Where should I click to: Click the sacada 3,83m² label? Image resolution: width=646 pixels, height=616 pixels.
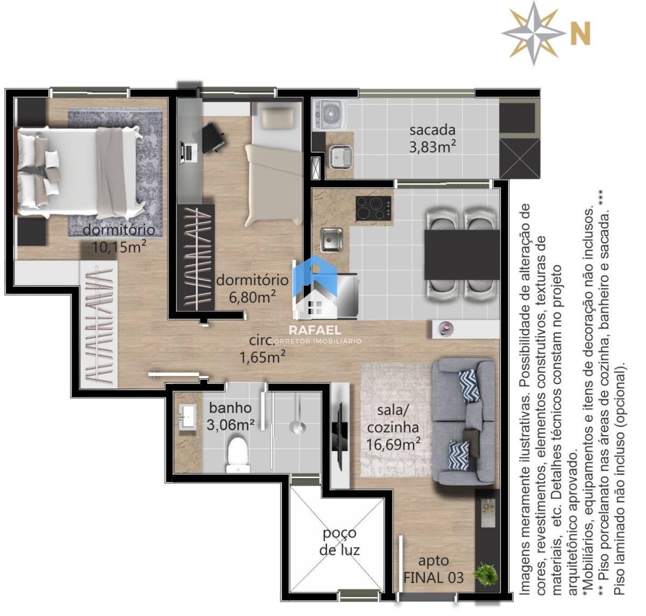coord(432,139)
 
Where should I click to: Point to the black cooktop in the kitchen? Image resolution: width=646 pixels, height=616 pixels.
coord(373,208)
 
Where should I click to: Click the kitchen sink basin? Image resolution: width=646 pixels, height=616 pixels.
coord(332,239)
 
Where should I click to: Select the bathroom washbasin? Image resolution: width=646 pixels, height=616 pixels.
coord(188,416)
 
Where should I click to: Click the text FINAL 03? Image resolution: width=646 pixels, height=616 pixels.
coord(433,578)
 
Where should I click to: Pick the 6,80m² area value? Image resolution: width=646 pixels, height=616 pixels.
coord(252,297)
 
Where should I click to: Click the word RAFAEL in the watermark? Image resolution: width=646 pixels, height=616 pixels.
coord(315,330)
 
